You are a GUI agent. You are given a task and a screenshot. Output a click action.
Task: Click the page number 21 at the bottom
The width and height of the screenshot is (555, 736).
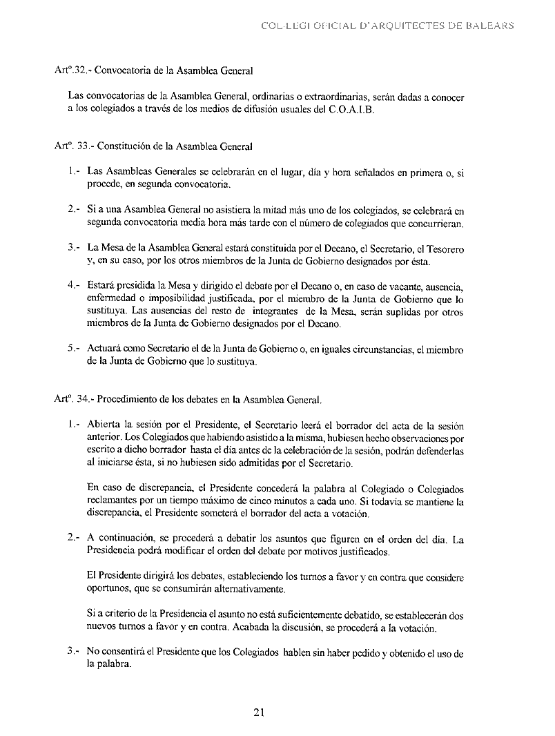click(x=259, y=712)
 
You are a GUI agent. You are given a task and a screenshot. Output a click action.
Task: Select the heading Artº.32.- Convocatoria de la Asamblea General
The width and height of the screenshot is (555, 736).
click(x=154, y=70)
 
